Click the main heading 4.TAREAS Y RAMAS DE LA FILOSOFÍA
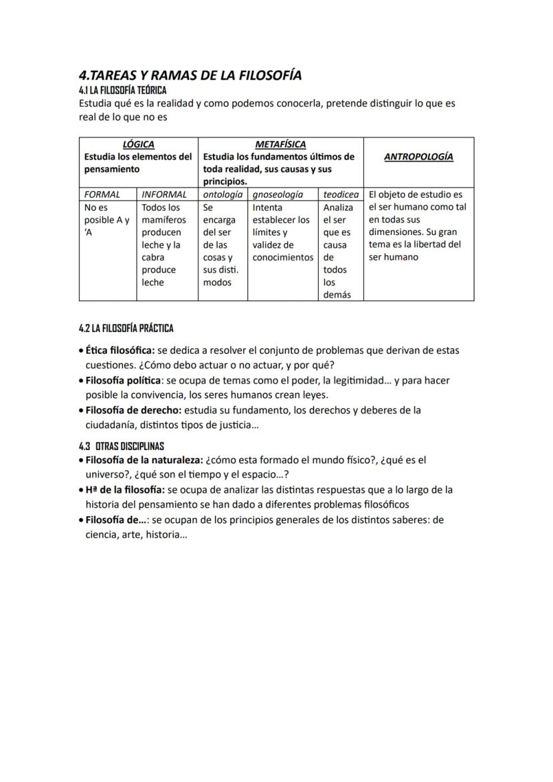click(x=190, y=75)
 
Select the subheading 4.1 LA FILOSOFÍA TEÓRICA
click(x=122, y=90)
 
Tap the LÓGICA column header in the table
click(x=138, y=144)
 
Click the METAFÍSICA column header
click(x=281, y=144)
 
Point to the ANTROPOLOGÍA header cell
click(x=419, y=157)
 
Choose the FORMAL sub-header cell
click(x=102, y=195)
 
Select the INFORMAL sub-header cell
click(x=164, y=195)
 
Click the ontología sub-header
click(x=222, y=195)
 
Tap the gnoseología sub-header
click(x=277, y=195)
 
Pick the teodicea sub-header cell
click(x=341, y=195)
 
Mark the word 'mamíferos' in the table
click(x=164, y=220)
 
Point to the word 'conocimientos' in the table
click(x=283, y=257)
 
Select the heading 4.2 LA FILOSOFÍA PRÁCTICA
click(x=126, y=329)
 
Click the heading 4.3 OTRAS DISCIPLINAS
click(x=121, y=446)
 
